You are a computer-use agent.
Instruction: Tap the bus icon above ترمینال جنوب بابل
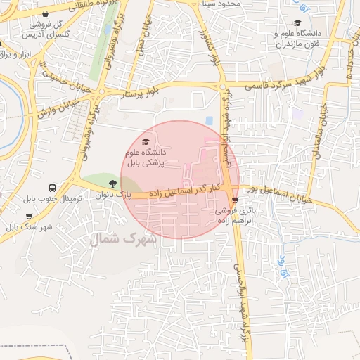click(53, 188)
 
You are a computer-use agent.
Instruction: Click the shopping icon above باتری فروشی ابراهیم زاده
click(235, 200)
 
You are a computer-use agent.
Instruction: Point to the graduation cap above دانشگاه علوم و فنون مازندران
click(298, 22)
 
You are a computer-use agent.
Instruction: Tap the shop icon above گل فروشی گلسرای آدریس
click(46, 13)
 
